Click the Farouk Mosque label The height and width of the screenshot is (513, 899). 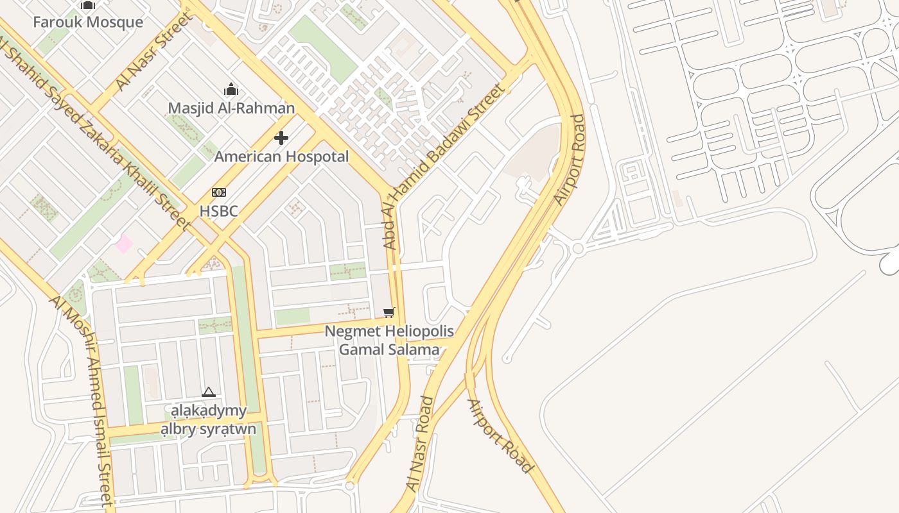point(88,22)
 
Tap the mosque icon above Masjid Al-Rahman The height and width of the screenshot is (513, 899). point(231,90)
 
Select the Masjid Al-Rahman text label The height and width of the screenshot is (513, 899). point(231,108)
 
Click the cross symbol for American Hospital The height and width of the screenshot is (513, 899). point(281,138)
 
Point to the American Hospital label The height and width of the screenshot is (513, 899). point(281,156)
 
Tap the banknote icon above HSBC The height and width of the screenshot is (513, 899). point(219,192)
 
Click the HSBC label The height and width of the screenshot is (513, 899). point(219,211)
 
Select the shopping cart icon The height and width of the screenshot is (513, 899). point(388,312)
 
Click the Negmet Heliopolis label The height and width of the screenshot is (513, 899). point(389,332)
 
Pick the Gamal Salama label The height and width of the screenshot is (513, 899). point(389,349)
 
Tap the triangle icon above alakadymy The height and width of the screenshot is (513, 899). point(208,392)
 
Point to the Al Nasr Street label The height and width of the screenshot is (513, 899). point(154,51)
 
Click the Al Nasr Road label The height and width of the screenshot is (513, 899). point(421,444)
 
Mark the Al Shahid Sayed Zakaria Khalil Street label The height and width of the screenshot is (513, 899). point(96,135)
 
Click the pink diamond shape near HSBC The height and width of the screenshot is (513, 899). point(124,244)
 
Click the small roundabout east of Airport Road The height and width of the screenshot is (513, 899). point(578,248)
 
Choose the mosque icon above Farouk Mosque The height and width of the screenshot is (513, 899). point(88,5)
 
